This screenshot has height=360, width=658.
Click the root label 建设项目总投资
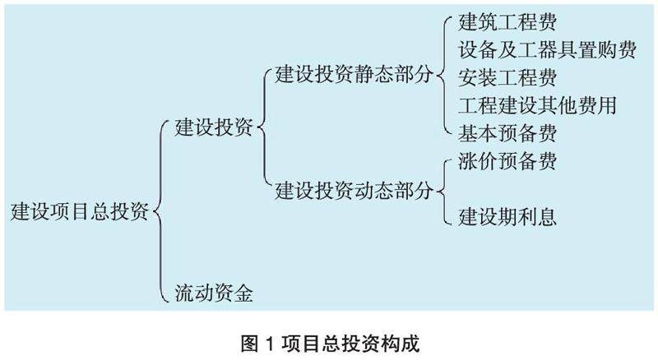click(x=80, y=211)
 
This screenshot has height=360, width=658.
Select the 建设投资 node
click(x=213, y=128)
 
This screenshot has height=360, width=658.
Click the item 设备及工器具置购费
click(x=548, y=50)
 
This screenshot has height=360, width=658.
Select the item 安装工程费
click(x=507, y=77)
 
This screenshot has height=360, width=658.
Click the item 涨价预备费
click(x=507, y=161)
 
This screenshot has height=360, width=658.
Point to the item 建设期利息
click(x=507, y=217)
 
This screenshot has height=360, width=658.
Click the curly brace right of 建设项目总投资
click(x=160, y=211)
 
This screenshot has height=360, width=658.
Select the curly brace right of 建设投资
click(x=261, y=128)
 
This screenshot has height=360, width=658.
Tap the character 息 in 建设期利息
click(x=548, y=217)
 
